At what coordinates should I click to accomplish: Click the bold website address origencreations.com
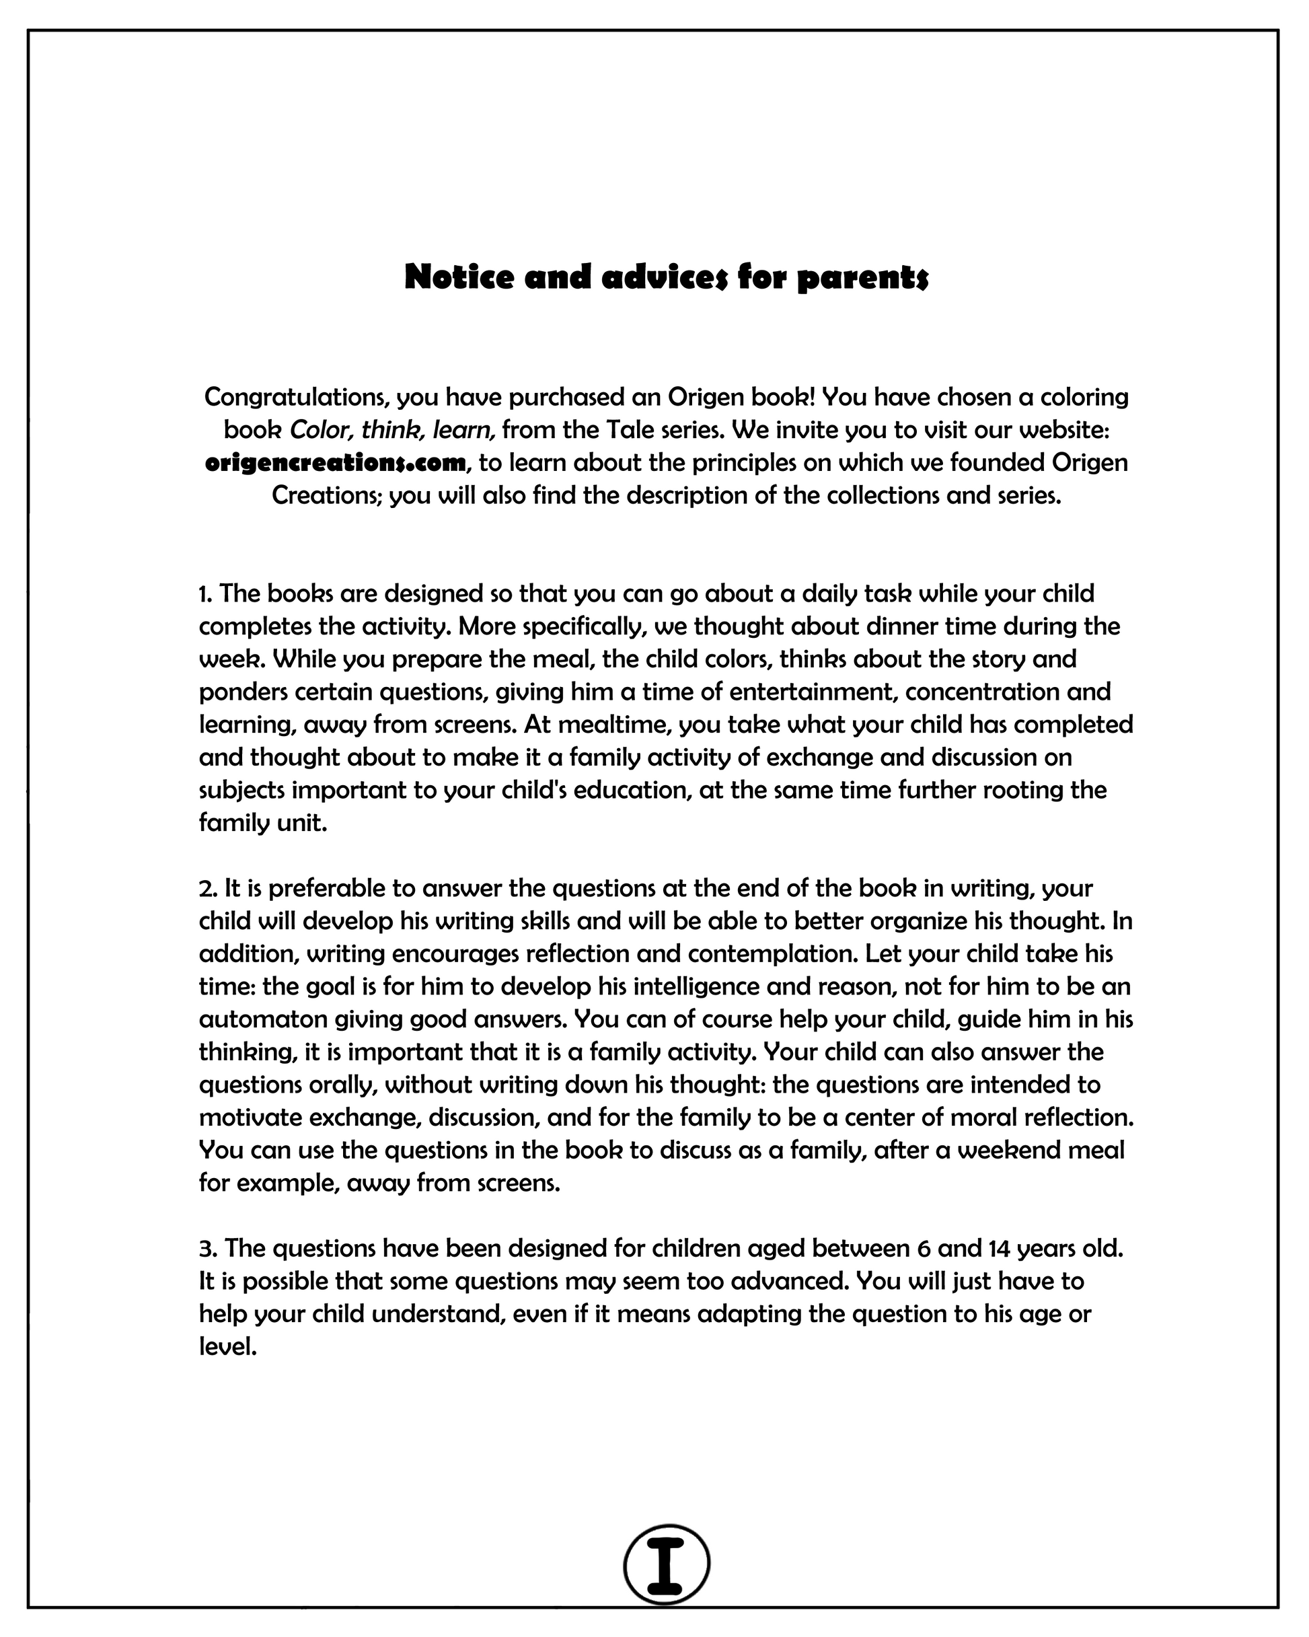(335, 462)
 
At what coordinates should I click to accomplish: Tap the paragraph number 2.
(207, 887)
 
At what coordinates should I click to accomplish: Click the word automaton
(253, 1018)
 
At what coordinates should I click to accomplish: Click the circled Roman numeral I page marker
(666, 1564)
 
